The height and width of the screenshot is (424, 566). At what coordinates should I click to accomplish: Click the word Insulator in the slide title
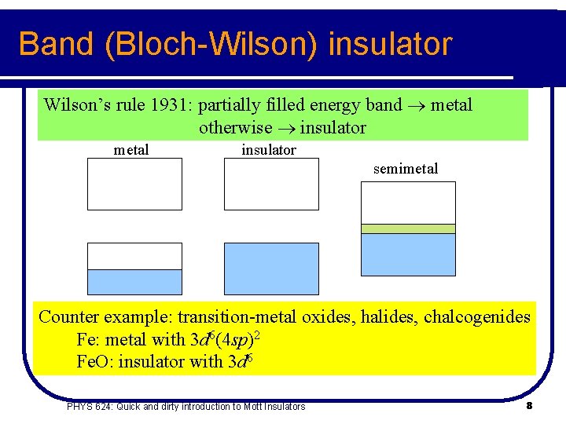[390, 44]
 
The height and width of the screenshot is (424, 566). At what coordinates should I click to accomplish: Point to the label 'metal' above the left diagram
[131, 150]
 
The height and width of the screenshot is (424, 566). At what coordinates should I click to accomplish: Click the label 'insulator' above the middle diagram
[269, 150]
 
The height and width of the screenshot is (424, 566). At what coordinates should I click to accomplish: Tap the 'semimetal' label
[406, 169]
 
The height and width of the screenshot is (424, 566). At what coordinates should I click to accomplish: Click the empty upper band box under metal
[134, 184]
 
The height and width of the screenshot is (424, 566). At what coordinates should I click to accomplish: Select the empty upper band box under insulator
[272, 184]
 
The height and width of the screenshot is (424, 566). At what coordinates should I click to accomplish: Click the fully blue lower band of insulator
[272, 269]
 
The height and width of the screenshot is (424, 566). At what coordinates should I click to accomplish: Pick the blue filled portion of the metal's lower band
[134, 282]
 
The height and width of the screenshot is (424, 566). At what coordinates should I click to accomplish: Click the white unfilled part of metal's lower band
[134, 256]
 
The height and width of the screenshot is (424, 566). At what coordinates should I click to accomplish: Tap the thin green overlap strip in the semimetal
[408, 228]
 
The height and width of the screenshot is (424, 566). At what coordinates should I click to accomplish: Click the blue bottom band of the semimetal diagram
[408, 254]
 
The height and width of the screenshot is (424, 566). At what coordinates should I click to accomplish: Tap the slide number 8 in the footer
[529, 406]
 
